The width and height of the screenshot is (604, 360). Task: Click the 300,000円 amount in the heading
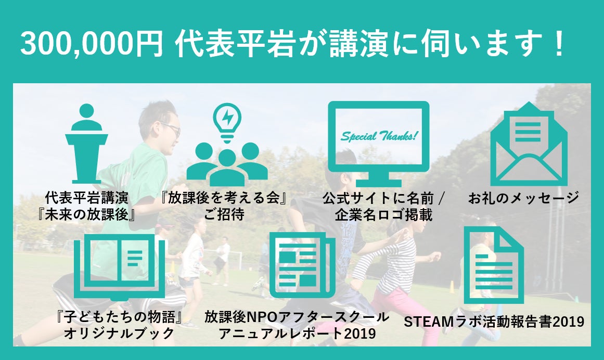click(92, 44)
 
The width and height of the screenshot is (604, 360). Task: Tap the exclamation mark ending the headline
click(557, 43)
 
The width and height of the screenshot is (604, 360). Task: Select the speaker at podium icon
click(86, 143)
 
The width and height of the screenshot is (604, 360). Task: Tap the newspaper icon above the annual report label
click(302, 265)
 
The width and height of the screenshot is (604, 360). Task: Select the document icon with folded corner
click(493, 265)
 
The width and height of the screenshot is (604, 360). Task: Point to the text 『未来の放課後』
click(86, 214)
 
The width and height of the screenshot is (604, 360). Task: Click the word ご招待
click(224, 214)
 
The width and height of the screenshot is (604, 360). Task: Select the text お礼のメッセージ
click(523, 198)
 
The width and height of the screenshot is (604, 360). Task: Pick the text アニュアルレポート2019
click(297, 333)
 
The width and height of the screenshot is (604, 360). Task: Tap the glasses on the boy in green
click(171, 128)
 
